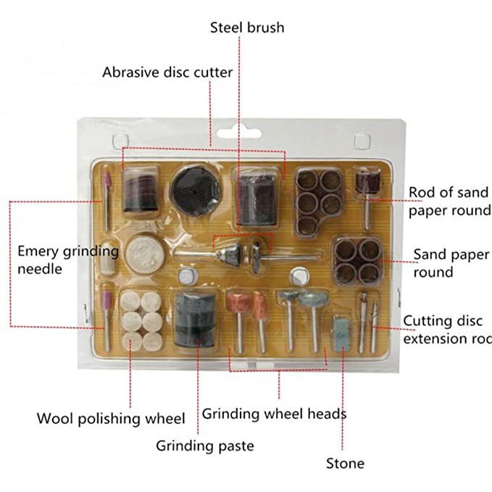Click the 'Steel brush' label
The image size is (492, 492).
coord(247,28)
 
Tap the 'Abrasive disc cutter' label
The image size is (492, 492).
coord(167,72)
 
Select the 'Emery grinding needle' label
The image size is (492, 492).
coord(67,260)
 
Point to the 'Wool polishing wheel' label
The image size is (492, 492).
coord(111,419)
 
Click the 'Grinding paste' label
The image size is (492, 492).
coord(205,446)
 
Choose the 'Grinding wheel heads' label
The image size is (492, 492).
coord(274,414)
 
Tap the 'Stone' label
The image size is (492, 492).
coord(345,463)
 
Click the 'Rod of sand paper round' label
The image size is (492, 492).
coord(449,201)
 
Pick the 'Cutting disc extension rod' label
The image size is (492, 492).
coord(446,330)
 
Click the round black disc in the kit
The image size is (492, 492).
coord(194,188)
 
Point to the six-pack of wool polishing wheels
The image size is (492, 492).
coord(140,321)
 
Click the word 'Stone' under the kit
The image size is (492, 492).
coord(345,463)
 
